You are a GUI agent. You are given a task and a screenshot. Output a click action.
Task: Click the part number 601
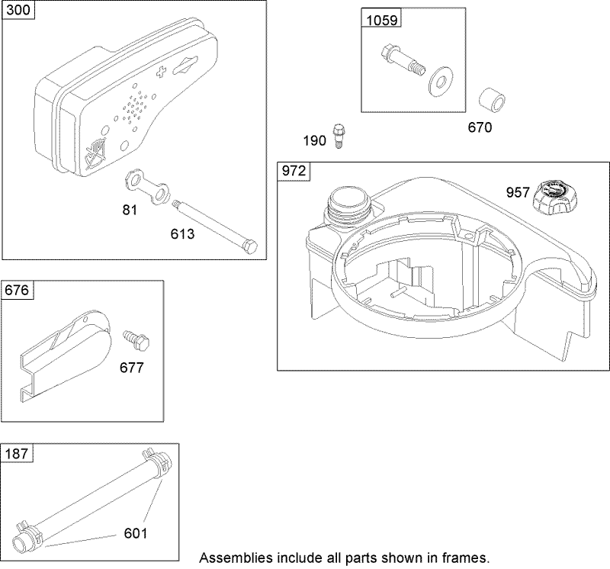tap(136, 532)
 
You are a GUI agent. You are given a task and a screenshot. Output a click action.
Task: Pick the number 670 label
tap(480, 127)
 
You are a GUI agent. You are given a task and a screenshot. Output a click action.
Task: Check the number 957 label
tap(517, 193)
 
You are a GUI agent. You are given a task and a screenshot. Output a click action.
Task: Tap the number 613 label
tap(182, 234)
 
